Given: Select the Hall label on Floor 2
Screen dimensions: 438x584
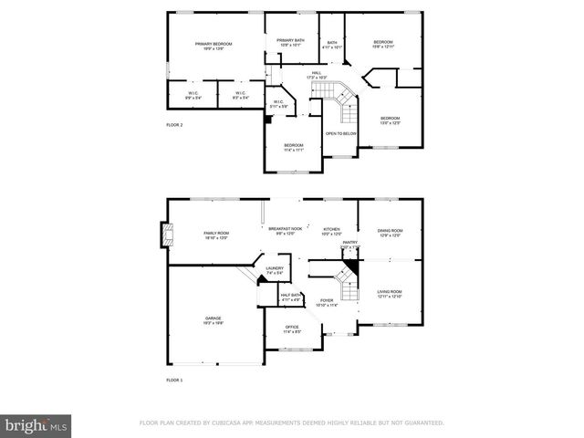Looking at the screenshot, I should click(x=317, y=75).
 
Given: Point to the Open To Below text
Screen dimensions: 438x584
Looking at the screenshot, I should click(x=341, y=133).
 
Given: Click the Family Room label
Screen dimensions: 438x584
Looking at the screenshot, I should click(x=215, y=235).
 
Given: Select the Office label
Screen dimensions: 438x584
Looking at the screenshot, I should click(x=292, y=328).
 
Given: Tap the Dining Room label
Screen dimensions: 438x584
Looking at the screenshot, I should click(x=390, y=232).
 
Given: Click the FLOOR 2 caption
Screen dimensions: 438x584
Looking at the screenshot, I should click(x=174, y=124).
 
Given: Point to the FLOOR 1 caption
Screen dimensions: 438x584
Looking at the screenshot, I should click(x=174, y=379).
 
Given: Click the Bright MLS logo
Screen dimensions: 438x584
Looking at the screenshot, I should click(x=36, y=425).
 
